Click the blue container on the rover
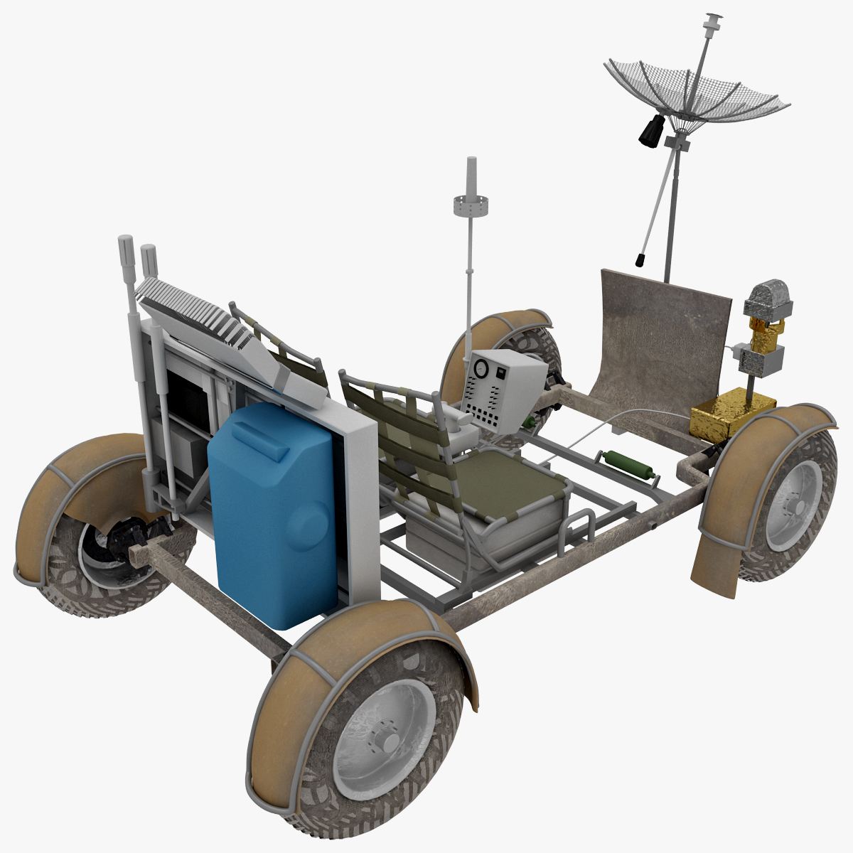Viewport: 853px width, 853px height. point(274,515)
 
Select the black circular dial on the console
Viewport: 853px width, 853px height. point(481,370)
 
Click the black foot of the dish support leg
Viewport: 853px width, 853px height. point(640,259)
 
